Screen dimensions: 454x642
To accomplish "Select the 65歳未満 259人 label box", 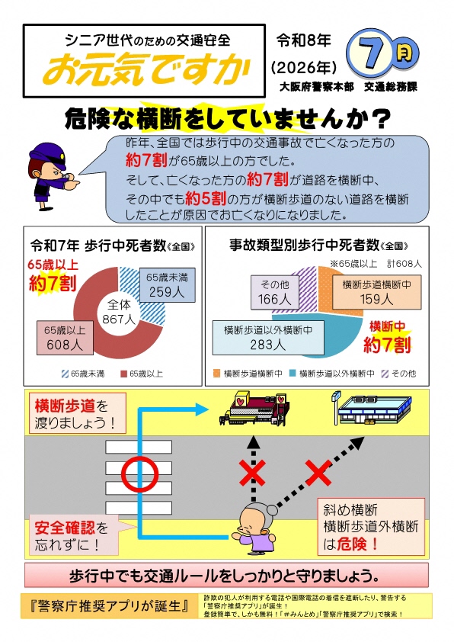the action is (x=168, y=285).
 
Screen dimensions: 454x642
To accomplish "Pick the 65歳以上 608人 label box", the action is (x=65, y=337).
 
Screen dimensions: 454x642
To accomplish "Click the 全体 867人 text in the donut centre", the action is (x=119, y=312).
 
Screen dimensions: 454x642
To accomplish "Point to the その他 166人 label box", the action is (x=275, y=292).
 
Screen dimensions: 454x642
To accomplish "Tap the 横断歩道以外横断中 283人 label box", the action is (x=268, y=337).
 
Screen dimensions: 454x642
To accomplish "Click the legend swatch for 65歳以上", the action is (x=123, y=374).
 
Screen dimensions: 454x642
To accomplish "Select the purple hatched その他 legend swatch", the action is (x=385, y=374).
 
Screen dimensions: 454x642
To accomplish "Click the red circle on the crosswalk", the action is (x=139, y=474).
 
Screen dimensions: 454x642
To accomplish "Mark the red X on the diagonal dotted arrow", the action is (x=318, y=473).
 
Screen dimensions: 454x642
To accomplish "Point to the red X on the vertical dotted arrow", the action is (x=252, y=473).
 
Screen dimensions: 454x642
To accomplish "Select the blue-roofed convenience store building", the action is (x=372, y=409).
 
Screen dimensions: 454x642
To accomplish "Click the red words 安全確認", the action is (x=65, y=528).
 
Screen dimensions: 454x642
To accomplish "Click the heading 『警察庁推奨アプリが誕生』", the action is (x=109, y=606).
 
